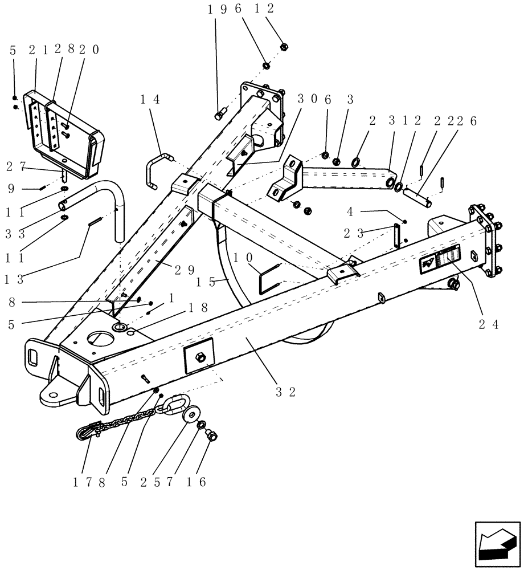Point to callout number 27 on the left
[x=17, y=167]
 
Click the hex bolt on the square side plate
[x=200, y=357]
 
